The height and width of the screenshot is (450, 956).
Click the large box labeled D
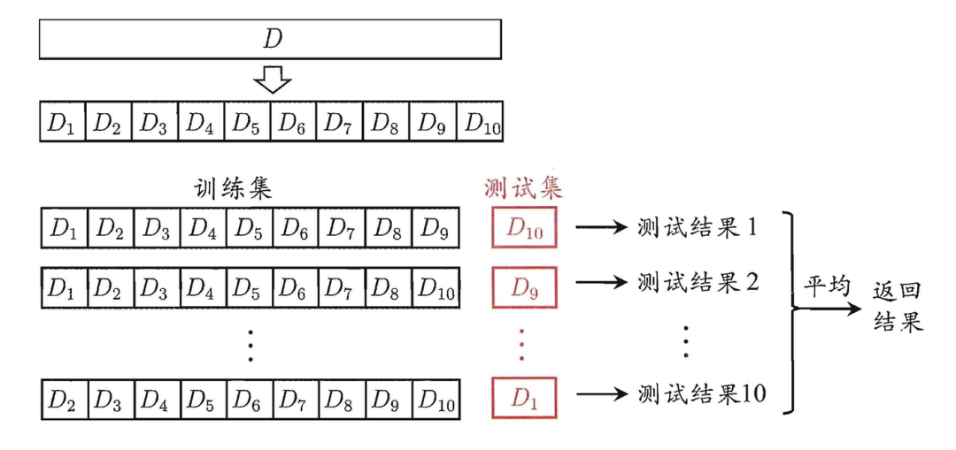270,39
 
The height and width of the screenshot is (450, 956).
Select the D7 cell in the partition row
340,122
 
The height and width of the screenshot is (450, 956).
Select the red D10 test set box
523,229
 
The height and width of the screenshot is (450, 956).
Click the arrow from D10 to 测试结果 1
601,228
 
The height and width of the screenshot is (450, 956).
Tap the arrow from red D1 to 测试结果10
601,393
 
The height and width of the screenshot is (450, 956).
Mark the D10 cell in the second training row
436,284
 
